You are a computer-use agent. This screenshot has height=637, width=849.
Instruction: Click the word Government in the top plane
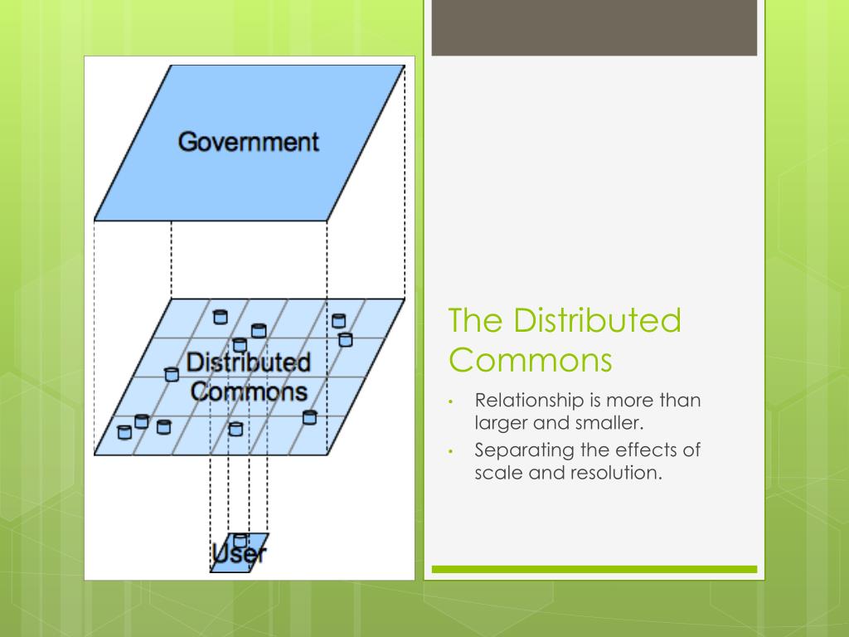(248, 141)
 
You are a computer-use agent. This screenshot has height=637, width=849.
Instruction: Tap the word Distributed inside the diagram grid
(248, 362)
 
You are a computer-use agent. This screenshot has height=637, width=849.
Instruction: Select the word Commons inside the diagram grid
(248, 391)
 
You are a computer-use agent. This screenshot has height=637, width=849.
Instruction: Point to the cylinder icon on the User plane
(240, 540)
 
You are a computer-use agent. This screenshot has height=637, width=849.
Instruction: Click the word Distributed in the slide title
(597, 321)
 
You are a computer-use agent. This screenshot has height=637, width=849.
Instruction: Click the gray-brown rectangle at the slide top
(594, 27)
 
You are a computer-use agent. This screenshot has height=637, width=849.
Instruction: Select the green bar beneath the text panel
(594, 569)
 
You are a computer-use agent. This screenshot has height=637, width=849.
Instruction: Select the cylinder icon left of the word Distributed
(172, 373)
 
